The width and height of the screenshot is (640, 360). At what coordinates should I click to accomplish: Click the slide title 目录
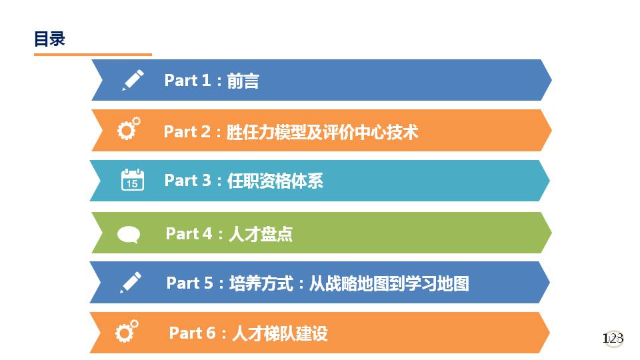tap(49, 39)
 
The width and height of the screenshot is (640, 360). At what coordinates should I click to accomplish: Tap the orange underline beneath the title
tap(93, 54)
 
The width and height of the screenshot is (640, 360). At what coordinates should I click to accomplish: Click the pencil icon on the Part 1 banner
tap(133, 80)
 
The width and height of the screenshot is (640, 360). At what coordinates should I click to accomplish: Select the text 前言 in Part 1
tap(243, 81)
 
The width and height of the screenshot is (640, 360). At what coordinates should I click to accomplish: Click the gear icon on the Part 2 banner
tap(129, 129)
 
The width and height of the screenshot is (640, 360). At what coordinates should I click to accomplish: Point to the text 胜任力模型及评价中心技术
tap(323, 132)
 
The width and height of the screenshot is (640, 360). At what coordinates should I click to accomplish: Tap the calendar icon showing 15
tap(132, 179)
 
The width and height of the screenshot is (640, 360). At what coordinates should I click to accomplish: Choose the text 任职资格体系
tap(275, 181)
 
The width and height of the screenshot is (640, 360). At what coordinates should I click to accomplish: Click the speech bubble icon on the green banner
tap(129, 235)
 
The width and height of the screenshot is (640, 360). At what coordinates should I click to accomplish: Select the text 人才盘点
tap(261, 234)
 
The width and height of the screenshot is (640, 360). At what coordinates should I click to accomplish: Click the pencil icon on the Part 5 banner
tap(131, 283)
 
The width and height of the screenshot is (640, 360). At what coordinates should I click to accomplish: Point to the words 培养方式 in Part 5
tap(261, 283)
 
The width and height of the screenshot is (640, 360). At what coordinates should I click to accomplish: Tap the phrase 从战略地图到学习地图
tap(389, 283)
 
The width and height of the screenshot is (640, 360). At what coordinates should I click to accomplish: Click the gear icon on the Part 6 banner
tap(127, 331)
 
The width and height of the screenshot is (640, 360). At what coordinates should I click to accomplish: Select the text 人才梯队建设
tap(280, 333)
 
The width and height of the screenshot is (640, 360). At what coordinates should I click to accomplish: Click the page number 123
tap(613, 339)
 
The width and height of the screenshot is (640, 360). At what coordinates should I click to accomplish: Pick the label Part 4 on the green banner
tap(189, 234)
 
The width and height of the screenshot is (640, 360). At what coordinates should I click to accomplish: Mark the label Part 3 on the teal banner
tap(188, 181)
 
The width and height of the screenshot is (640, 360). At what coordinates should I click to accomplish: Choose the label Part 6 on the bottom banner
tap(192, 333)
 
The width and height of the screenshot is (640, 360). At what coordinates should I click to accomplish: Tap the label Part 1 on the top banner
tap(187, 81)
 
